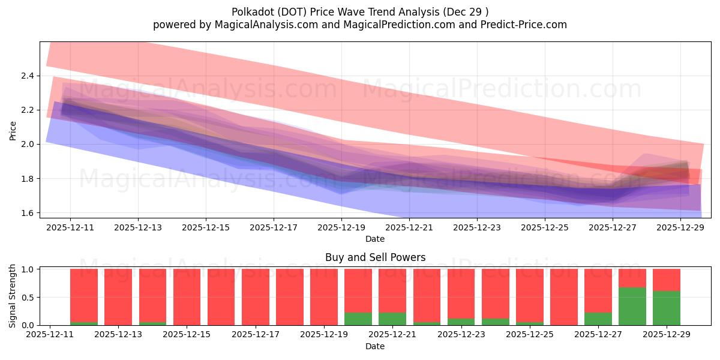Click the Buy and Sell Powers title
click(375, 257)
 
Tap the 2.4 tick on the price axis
click(28, 76)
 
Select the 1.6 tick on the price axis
click(28, 213)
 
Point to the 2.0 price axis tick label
click(28, 145)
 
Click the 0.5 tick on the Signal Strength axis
click(28, 298)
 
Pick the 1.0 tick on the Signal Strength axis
click(28, 269)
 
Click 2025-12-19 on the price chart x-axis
click(341, 228)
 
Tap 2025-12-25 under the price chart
click(545, 228)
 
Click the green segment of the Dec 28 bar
click(632, 307)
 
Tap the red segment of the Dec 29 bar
click(667, 280)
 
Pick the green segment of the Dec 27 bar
click(598, 319)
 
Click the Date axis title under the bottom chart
click(375, 346)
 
